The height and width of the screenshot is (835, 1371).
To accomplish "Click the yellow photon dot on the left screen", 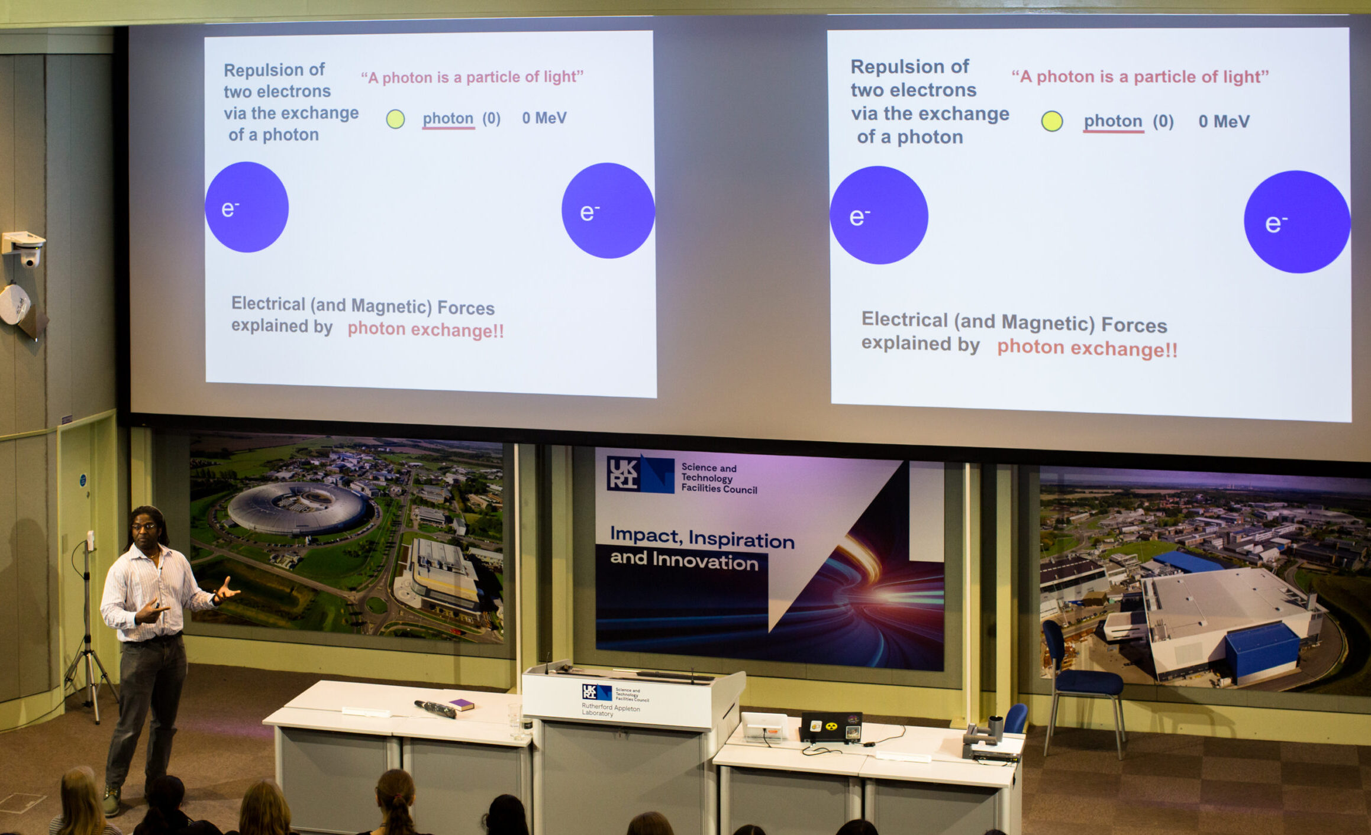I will click(395, 119).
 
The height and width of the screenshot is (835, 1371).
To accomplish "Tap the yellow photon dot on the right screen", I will click(1052, 121).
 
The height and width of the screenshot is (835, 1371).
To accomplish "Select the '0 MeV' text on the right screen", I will click(1224, 122).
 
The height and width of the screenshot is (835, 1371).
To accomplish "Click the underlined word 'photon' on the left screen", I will click(448, 118).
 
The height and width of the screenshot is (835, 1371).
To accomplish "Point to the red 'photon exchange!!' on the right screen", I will click(1087, 348).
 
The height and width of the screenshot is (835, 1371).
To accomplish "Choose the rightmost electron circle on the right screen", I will click(1296, 222).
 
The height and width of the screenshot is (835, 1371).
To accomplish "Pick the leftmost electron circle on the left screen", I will click(247, 208).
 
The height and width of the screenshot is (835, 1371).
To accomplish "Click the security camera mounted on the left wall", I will click(25, 248).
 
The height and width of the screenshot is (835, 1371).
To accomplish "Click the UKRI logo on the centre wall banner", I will click(640, 474).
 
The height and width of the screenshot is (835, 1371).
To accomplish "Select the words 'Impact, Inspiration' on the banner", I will click(702, 538).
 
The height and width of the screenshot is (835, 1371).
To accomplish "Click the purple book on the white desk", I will click(461, 704).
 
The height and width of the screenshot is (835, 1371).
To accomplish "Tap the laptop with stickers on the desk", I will click(831, 727).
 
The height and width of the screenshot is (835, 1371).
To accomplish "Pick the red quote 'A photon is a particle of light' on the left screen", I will click(472, 77).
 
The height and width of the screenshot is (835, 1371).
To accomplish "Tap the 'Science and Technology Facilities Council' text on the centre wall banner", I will click(718, 478).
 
